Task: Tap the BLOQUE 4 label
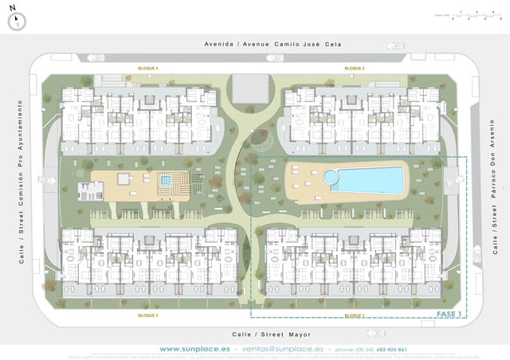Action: point(148,69)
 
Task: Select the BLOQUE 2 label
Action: point(355,69)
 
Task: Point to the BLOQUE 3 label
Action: point(148,316)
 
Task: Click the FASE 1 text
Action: point(449,315)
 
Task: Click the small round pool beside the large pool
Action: point(330,175)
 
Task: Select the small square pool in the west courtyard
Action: point(165,181)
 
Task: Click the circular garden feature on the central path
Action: point(260,138)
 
